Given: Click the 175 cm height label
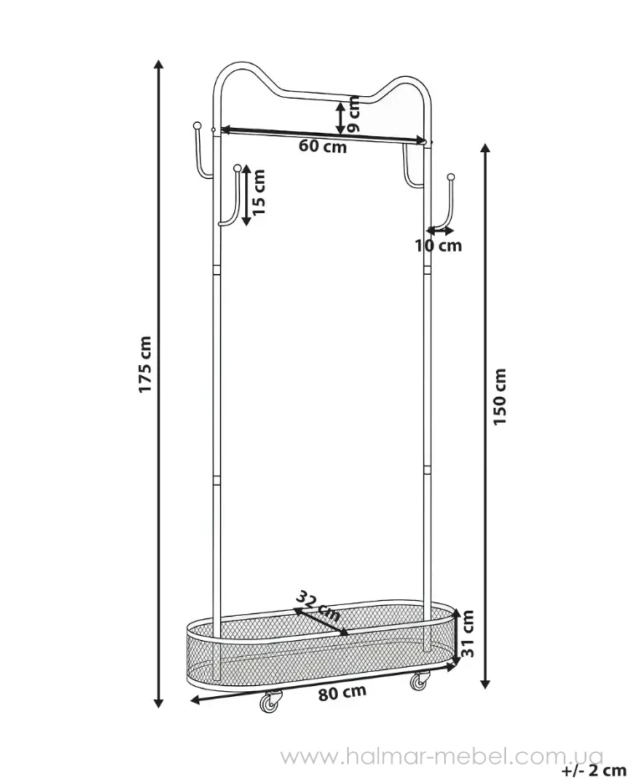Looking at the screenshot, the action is tap(145, 364).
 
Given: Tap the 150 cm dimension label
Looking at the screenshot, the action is tap(499, 397).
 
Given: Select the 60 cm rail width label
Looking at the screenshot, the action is tap(323, 147).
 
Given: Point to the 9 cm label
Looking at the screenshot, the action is tap(353, 114).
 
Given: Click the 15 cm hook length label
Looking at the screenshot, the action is tap(258, 192).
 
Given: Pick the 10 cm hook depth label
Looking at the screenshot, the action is tap(438, 245).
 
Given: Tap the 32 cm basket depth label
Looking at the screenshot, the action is tap(318, 605).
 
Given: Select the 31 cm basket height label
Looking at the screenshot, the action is tap(467, 633).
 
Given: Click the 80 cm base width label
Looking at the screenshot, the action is tap(342, 693).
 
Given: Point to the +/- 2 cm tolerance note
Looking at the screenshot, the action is tap(594, 770).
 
